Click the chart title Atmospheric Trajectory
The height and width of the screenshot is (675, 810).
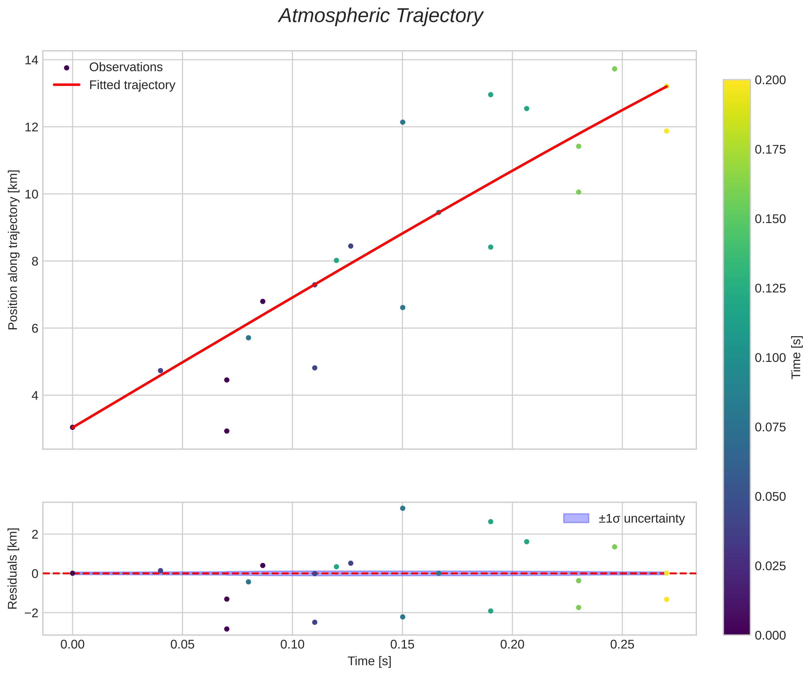[381, 16]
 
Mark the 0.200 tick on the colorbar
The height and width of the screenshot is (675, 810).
[770, 80]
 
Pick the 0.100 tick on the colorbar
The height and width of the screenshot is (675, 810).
[770, 358]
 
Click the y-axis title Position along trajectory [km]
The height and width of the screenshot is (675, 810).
[13, 250]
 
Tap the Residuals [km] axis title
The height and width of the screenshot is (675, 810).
[13, 568]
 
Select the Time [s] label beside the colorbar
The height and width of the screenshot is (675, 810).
[796, 357]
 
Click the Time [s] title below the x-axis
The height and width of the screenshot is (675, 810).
[369, 661]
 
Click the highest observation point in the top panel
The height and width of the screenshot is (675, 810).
[614, 69]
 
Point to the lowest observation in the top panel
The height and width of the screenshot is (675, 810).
[227, 431]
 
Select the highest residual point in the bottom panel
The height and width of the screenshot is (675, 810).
[403, 508]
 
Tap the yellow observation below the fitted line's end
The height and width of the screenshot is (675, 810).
[666, 131]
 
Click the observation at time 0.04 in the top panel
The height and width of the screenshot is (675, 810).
[160, 371]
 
